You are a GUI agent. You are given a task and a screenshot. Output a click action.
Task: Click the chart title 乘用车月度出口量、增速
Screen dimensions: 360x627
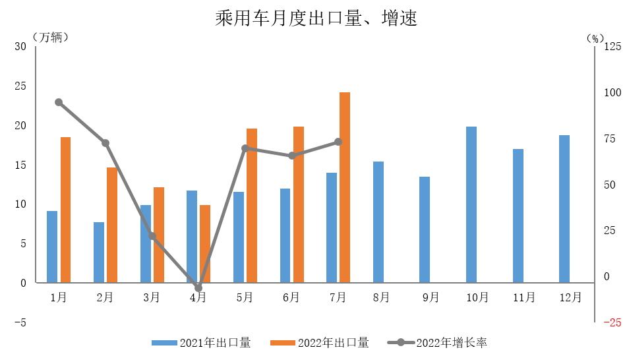point(316,18)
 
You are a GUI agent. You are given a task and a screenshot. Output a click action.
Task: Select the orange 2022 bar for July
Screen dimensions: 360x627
point(345,188)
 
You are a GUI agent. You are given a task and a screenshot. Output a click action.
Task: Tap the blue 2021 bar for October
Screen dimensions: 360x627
point(471,204)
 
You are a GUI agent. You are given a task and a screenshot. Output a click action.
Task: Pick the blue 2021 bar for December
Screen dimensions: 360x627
point(564,209)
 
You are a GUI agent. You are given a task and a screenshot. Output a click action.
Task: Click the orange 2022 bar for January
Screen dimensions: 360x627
point(65,210)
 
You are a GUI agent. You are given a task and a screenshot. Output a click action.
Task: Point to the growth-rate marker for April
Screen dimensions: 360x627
point(198,288)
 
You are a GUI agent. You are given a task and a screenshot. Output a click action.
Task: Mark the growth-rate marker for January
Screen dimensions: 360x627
point(59,102)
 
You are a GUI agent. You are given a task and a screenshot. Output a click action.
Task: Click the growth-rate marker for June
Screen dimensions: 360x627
point(291,156)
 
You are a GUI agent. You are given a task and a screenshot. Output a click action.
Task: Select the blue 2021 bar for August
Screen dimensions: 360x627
point(378,222)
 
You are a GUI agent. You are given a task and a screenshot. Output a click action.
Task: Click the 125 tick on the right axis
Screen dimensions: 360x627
point(612,46)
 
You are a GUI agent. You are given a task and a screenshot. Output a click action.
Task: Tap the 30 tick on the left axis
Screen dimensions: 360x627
point(20,46)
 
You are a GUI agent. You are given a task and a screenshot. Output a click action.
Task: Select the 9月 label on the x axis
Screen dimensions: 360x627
point(431,297)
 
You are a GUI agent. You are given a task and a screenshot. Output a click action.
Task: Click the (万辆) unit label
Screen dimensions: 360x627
point(49,38)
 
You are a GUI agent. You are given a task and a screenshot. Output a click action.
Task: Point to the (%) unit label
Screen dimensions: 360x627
point(595,38)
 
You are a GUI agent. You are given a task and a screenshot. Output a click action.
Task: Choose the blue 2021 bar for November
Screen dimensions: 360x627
point(518,216)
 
